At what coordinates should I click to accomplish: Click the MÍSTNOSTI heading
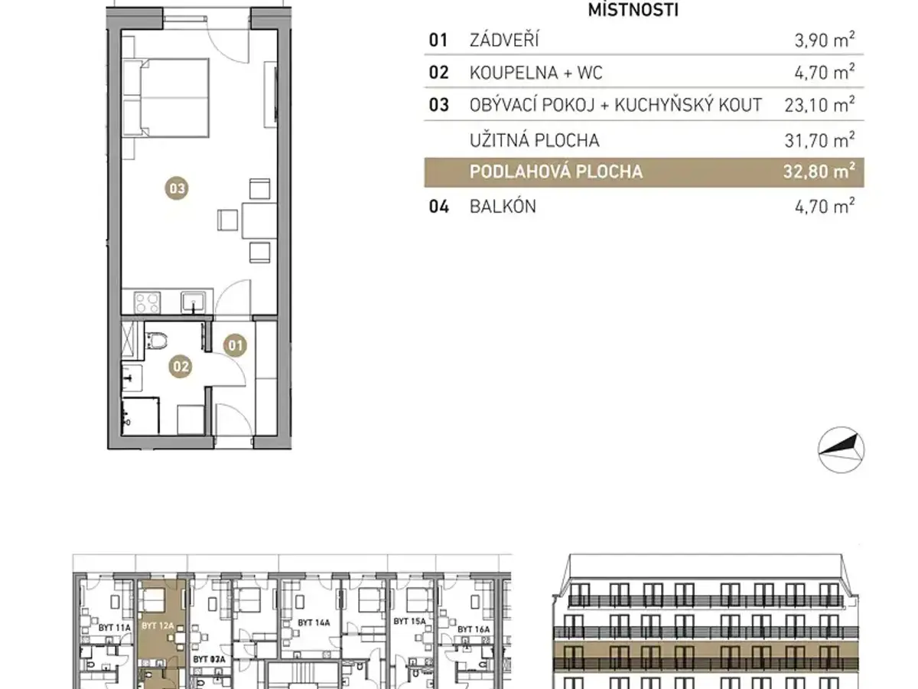coord(633,9)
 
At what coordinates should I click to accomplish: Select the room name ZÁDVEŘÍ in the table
coord(504,40)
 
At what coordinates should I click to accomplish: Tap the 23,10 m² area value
coord(819,105)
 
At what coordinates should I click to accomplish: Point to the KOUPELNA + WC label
coord(535,73)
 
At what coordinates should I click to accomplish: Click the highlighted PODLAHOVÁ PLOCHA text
coord(556,171)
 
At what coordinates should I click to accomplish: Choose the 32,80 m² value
coord(819,171)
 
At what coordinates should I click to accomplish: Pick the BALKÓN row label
coord(503,206)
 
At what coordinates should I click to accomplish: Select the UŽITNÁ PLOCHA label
coord(535,141)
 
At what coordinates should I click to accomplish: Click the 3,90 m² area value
coord(825,40)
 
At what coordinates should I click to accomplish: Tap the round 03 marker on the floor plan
coord(177,188)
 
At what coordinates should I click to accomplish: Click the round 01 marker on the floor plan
coord(235,345)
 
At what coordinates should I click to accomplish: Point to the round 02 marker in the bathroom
coord(181,367)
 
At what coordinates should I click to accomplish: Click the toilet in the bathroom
coord(155,340)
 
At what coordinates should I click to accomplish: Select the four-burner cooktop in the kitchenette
coord(147,302)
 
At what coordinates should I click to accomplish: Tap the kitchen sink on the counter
coord(194,302)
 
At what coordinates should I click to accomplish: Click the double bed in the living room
coord(167,98)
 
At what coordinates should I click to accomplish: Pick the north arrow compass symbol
coord(841,450)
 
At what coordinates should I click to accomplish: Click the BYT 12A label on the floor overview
coord(158,625)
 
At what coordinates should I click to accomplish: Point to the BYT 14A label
coord(314,622)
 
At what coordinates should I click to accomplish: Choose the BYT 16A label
coord(474,629)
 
